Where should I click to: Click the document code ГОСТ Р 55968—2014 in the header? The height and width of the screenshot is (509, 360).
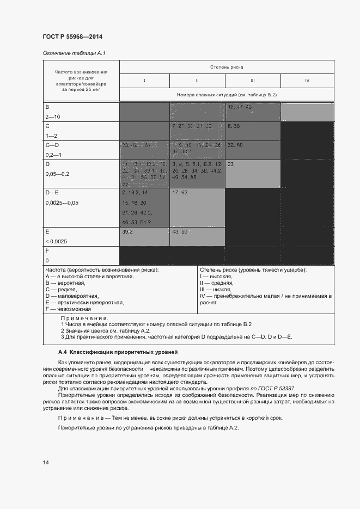[x=72, y=37]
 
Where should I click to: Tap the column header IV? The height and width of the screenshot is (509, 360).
[x=307, y=81]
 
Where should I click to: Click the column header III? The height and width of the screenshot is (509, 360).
[x=253, y=81]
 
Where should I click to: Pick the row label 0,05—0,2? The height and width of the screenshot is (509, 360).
[x=56, y=174]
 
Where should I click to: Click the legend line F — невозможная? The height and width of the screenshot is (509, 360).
[x=68, y=309]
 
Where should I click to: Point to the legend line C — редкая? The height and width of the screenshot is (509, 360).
[x=64, y=289]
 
